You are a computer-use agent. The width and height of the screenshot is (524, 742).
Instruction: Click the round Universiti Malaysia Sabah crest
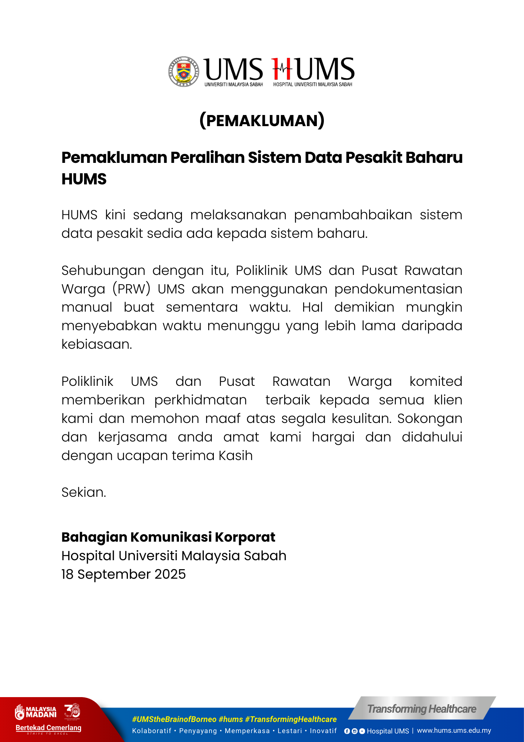point(184,72)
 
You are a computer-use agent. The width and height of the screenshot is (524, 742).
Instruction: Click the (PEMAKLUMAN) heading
point(262,121)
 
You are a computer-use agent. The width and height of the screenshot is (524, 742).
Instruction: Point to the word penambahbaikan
point(353,215)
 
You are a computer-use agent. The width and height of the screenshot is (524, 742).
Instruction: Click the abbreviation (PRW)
point(132,289)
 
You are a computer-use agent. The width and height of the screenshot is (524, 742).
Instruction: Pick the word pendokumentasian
point(398,289)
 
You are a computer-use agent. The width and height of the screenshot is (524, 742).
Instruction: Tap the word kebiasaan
point(97,344)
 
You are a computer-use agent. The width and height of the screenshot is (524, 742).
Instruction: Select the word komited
point(436,381)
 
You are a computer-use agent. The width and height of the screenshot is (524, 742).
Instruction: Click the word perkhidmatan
point(200,400)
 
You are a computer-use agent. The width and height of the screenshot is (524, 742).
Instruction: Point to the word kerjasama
point(132,437)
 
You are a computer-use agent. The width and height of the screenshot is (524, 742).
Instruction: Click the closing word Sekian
point(84,492)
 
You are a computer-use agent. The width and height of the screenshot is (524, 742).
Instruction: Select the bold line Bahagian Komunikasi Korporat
point(168,537)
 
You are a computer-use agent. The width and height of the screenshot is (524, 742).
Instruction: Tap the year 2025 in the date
point(170,574)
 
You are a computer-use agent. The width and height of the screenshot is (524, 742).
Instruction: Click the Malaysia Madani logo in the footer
point(36,712)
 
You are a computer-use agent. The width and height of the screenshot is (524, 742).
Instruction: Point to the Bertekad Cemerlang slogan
point(48,728)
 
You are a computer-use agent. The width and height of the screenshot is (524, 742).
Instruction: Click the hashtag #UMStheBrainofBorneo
point(174,719)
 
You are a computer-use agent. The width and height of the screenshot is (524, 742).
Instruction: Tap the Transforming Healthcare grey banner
point(422,709)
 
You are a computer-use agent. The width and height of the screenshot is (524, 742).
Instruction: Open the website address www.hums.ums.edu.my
point(454,730)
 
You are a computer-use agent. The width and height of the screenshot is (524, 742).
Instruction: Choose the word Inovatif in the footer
point(323,731)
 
